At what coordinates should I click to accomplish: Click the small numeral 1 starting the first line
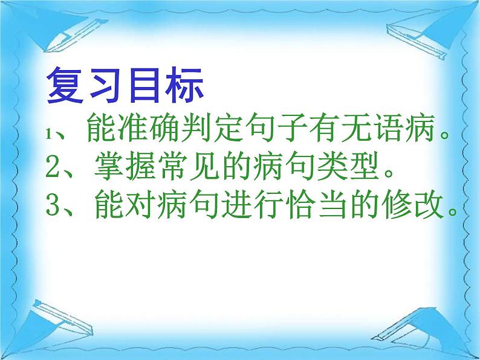[50, 136]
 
